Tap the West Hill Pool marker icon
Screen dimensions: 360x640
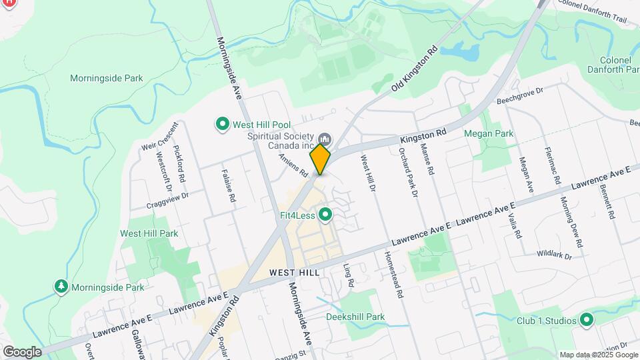[221, 124]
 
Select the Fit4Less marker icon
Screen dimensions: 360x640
[325, 215]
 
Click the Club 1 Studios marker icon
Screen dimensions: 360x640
[587, 321]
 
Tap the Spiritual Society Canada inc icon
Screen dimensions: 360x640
[325, 139]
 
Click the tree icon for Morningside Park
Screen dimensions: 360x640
[61, 287]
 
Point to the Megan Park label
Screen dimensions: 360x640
[489, 133]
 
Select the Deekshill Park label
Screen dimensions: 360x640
[355, 317]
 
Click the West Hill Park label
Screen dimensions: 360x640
[149, 233]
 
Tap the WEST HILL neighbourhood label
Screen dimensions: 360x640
[295, 273]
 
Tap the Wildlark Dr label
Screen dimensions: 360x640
[554, 254]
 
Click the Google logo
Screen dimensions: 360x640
[22, 351]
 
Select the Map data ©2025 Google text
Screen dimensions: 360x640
[598, 355]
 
